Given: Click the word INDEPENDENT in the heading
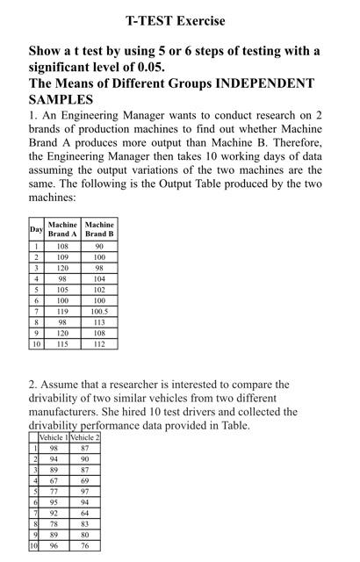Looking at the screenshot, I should click(263, 83).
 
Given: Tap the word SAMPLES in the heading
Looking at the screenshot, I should click(61, 100).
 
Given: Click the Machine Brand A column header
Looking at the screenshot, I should click(62, 229).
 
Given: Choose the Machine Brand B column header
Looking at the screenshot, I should click(98, 229).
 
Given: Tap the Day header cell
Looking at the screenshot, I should click(36, 229).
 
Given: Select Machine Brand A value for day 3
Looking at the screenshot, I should click(62, 267).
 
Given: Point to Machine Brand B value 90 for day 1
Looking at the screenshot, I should click(98, 246).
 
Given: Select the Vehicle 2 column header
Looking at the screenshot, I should click(85, 436).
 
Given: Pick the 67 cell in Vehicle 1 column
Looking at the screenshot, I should click(54, 482).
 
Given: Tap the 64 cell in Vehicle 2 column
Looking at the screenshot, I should click(85, 513).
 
